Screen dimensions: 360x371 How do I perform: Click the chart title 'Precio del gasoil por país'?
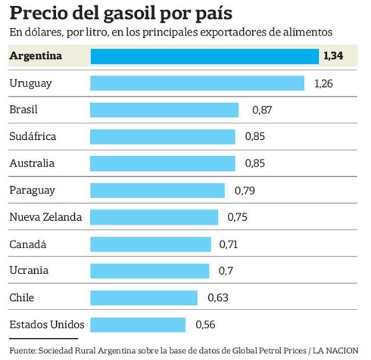pos(125,13)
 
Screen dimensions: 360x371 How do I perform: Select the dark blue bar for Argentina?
pos(205,56)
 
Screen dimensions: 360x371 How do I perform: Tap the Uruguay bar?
pos(197,83)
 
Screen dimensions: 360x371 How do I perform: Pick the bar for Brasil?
pos(165,110)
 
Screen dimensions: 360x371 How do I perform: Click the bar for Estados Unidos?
pos(138,325)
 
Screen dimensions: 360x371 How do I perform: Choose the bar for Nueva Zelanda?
pos(154,217)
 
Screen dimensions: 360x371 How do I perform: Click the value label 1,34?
pos(333,56)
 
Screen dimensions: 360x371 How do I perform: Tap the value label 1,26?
pos(323,83)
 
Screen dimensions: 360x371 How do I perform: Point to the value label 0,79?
pos(245,190)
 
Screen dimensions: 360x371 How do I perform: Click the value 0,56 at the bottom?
pos(205,325)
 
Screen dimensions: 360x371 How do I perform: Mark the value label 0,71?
pos(228,244)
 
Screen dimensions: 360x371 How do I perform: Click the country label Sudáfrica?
pos(32,136)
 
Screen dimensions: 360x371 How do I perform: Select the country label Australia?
pos(32,163)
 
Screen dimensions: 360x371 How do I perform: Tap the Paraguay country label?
pos(32,190)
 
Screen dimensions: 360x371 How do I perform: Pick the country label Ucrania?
pos(29,271)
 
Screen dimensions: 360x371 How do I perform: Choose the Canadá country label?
pos(28,244)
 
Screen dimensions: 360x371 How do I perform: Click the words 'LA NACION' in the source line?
pos(339,350)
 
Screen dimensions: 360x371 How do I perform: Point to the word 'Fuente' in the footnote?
pos(22,350)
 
